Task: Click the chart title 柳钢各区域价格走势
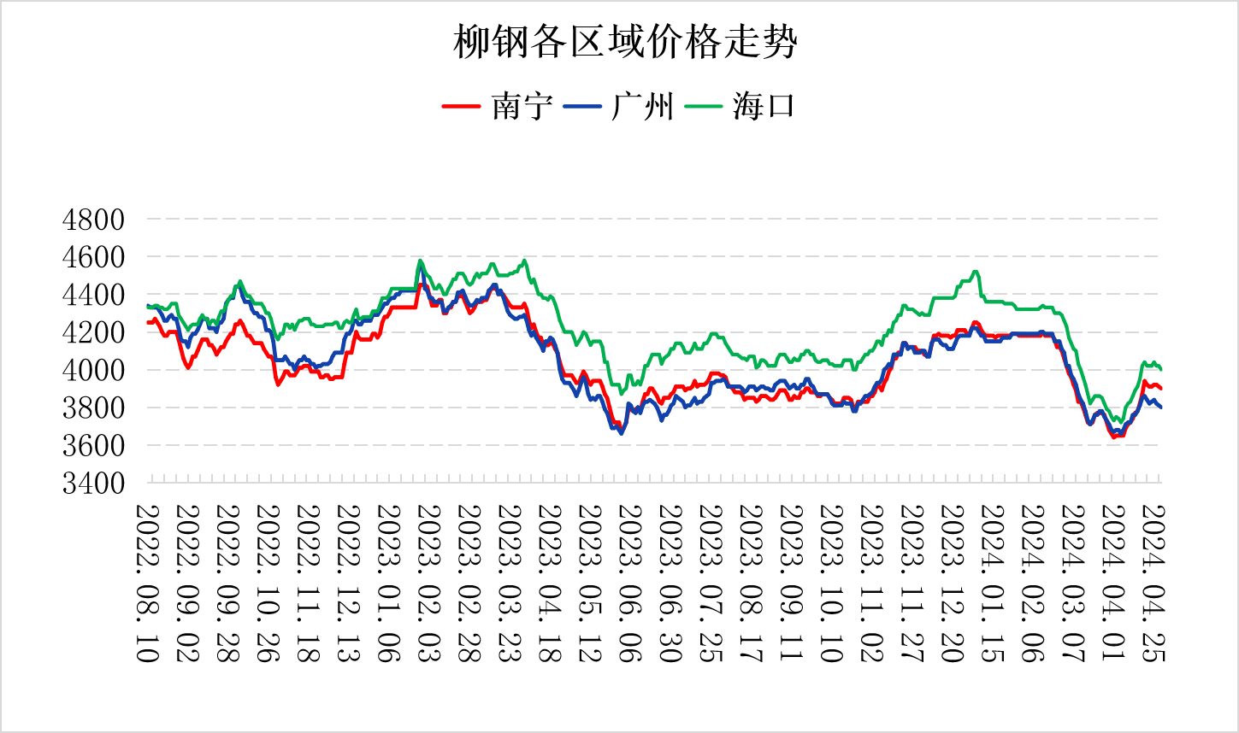pyautogui.click(x=625, y=42)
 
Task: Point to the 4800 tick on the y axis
pyautogui.click(x=93, y=220)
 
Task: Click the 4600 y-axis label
pyautogui.click(x=93, y=257)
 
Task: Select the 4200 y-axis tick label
pyautogui.click(x=93, y=332)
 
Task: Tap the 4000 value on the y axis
pyautogui.click(x=93, y=370)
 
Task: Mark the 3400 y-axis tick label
pyautogui.click(x=93, y=484)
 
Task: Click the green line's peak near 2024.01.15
pyautogui.click(x=976, y=272)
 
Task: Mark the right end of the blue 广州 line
pyautogui.click(x=1160, y=408)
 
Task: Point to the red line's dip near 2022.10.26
pyautogui.click(x=277, y=384)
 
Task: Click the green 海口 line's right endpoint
pyautogui.click(x=1160, y=369)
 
